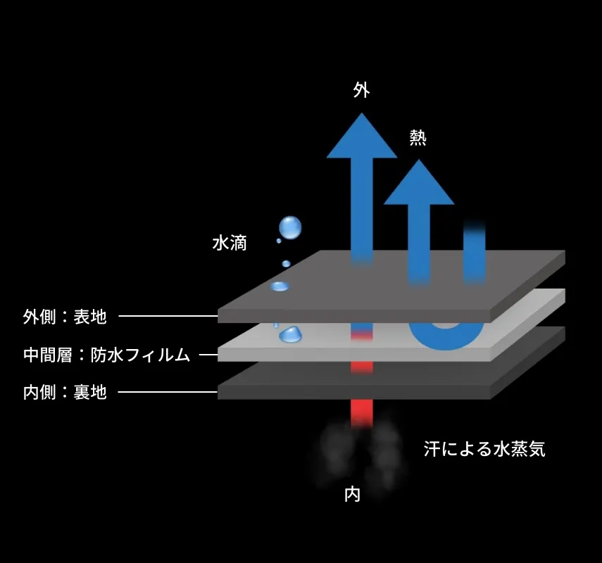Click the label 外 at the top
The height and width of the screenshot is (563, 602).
[362, 90]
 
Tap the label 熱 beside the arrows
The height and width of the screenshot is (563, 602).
[418, 138]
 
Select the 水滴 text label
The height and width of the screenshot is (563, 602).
[230, 243]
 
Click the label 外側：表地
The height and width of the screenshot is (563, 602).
[65, 317]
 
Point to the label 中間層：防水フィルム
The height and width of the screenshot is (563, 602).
[107, 355]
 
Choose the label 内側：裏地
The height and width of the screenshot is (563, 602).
[65, 392]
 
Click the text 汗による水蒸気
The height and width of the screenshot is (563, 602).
[484, 449]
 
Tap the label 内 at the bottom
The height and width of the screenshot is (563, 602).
[353, 495]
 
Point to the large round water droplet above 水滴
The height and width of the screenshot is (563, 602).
[290, 227]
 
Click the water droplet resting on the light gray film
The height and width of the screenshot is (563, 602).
[291, 334]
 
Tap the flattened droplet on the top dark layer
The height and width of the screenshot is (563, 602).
[280, 286]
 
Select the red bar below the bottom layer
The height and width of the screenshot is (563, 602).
[362, 413]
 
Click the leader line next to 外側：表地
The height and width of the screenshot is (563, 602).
[168, 316]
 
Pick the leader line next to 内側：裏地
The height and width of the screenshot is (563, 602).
[168, 392]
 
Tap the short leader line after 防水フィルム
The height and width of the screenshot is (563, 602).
[208, 355]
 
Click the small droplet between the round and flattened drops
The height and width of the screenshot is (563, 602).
[286, 264]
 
